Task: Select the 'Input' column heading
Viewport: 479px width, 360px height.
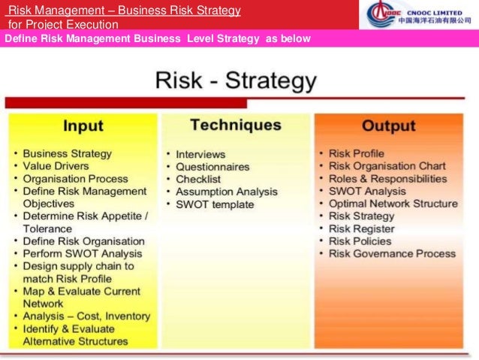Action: tap(83, 126)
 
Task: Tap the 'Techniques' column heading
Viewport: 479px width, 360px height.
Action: tap(235, 125)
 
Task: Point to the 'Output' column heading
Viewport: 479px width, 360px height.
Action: tap(389, 126)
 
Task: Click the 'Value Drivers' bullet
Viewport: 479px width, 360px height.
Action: tap(56, 166)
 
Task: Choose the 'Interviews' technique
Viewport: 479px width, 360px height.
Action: tap(201, 153)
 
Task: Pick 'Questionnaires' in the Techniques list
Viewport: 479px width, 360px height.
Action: tap(212, 166)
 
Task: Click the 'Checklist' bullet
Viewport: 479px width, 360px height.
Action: tap(198, 179)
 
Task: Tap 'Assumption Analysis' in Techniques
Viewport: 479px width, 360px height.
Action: tap(226, 192)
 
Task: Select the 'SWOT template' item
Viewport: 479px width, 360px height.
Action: tap(215, 204)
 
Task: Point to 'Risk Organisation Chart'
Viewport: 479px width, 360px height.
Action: tap(387, 166)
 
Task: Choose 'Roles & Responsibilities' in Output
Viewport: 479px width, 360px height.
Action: tap(387, 179)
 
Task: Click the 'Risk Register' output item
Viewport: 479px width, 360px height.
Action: tap(361, 228)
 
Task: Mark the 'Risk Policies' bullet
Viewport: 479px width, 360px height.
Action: tap(360, 241)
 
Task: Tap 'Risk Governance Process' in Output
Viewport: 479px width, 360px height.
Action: tap(391, 254)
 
